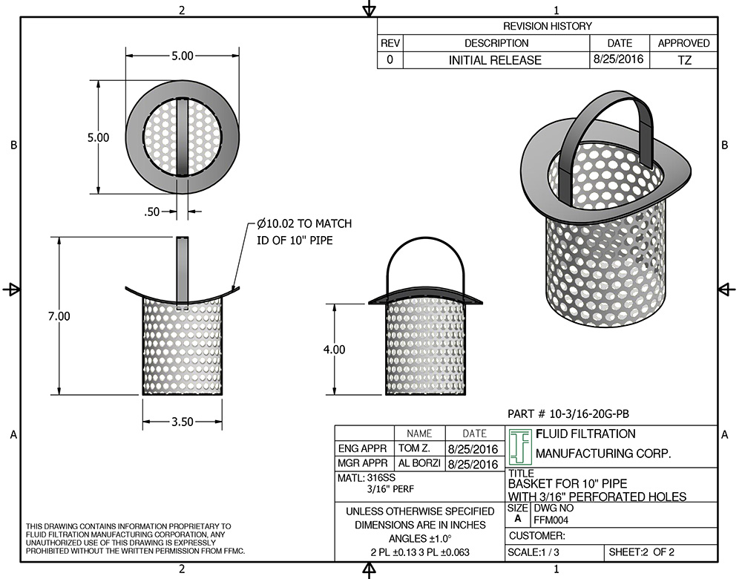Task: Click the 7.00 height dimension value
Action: [59, 316]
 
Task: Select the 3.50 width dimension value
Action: [182, 422]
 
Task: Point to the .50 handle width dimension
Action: [152, 212]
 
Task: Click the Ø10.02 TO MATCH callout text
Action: [304, 223]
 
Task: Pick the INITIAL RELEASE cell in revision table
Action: [495, 60]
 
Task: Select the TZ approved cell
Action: [684, 60]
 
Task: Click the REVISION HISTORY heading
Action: [548, 26]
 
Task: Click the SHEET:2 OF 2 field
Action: [642, 553]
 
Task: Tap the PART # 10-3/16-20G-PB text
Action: [571, 413]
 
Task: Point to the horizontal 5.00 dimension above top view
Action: [182, 56]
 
